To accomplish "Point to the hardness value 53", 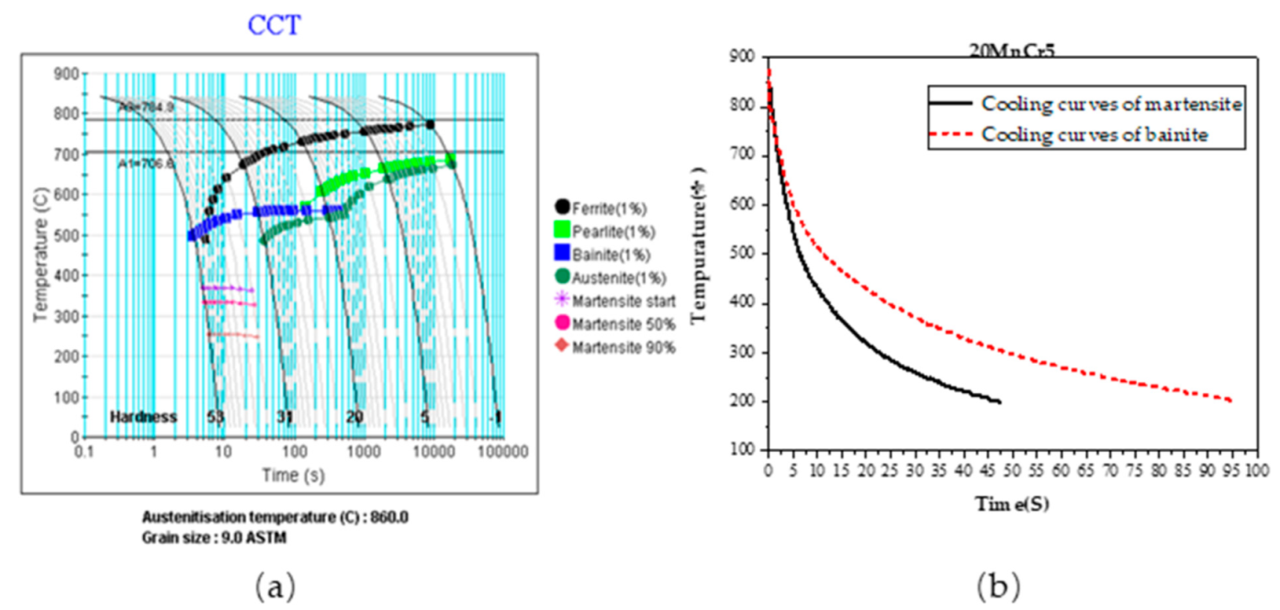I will click(x=215, y=417).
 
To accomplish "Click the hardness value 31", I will click(x=285, y=417).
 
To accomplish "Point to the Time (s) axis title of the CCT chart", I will click(x=295, y=475).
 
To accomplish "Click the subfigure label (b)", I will click(x=998, y=584).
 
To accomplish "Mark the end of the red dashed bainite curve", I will click(x=1229, y=400).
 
